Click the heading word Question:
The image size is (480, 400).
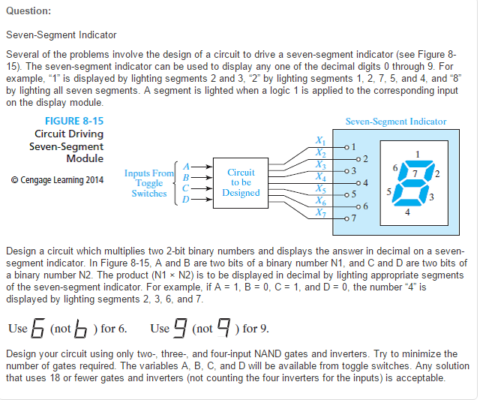[28, 11]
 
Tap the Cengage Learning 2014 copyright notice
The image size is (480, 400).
[58, 179]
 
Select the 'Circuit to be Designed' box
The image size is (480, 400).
[241, 182]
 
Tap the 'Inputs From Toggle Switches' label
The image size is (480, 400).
[148, 183]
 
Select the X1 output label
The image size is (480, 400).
[320, 140]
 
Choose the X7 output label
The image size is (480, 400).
[320, 212]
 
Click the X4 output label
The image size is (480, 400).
[320, 176]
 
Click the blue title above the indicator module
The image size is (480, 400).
[395, 121]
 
